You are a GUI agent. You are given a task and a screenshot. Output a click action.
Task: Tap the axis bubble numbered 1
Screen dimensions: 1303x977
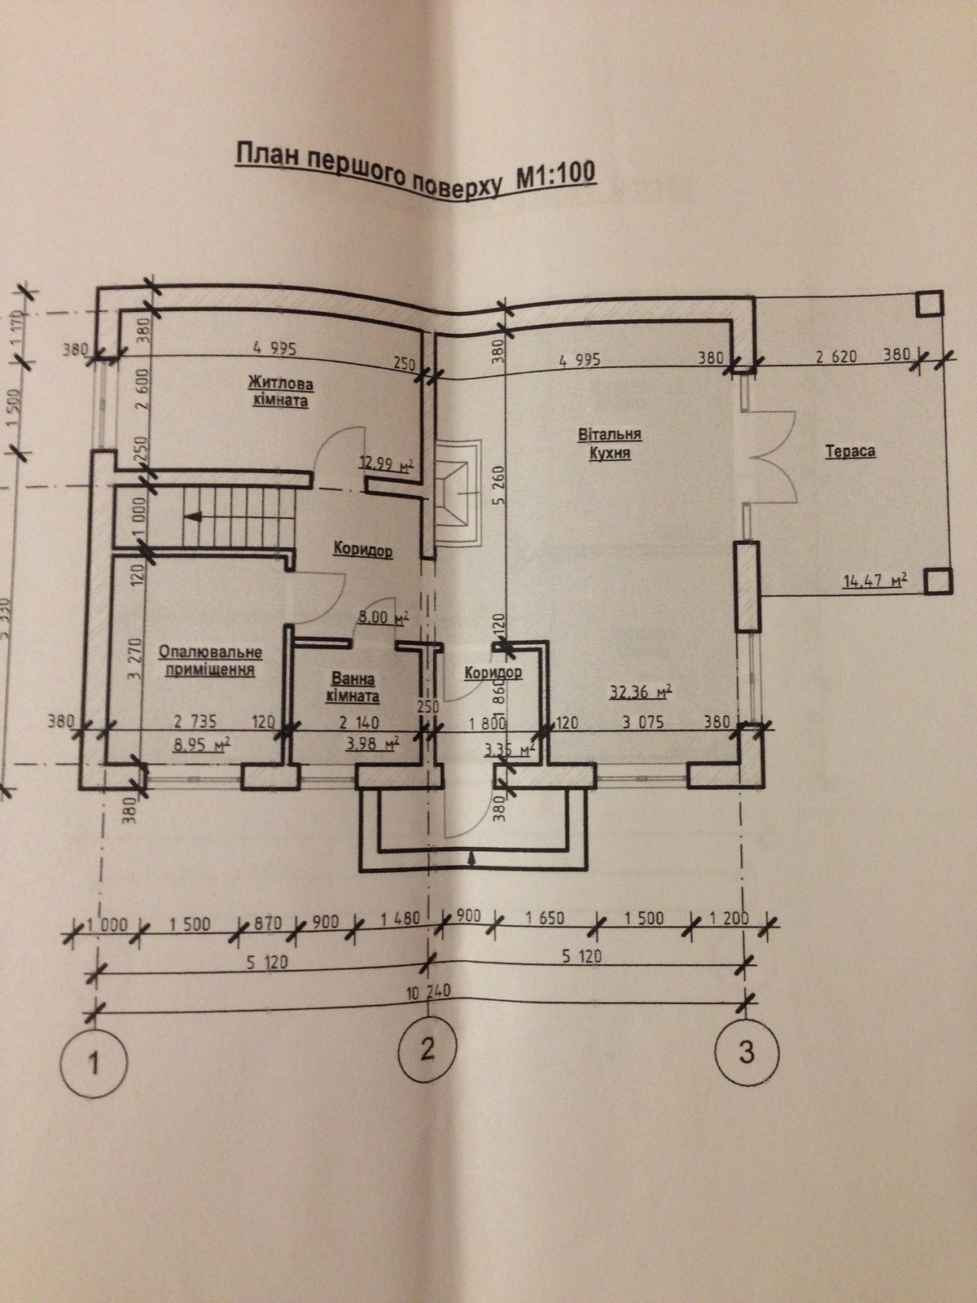(x=94, y=1063)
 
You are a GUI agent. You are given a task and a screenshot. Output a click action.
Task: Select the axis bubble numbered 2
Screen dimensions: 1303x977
(x=428, y=1049)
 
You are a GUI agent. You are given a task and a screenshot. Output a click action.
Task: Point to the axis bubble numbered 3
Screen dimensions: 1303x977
(x=745, y=1051)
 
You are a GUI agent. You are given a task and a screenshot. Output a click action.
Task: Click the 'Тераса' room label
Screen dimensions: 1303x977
(x=850, y=450)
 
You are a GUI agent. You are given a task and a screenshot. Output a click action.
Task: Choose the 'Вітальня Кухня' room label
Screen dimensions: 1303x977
(x=611, y=444)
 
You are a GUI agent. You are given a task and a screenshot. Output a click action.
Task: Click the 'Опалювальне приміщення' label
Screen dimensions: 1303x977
(x=210, y=661)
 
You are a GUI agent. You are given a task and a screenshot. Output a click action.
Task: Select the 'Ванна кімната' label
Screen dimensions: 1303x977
(x=353, y=687)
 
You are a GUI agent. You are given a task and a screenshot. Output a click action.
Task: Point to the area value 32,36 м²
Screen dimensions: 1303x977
(x=641, y=694)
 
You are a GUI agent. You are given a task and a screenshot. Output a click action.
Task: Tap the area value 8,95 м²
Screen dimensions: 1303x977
(x=199, y=743)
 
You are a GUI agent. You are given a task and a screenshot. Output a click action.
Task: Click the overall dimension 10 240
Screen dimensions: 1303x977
(x=428, y=991)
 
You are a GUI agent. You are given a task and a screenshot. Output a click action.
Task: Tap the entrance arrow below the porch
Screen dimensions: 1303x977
(x=473, y=857)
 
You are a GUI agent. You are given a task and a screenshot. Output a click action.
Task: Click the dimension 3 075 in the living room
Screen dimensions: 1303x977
(x=643, y=722)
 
